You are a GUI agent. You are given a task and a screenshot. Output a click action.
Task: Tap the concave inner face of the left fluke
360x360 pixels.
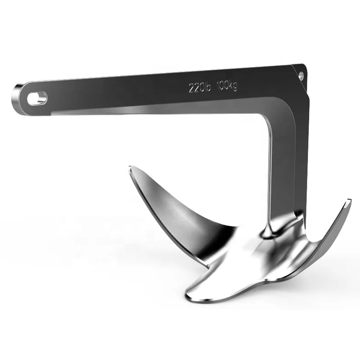(180, 211)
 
